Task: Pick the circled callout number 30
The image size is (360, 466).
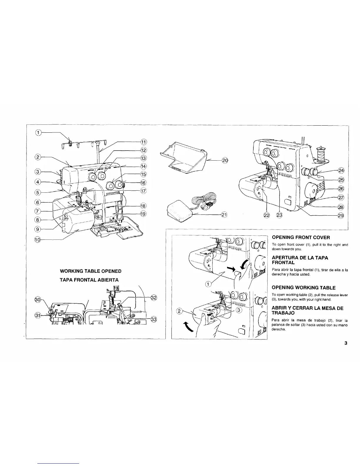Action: pyautogui.click(x=38, y=299)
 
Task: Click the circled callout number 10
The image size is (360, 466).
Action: pyautogui.click(x=37, y=240)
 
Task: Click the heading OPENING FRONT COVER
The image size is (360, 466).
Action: pyautogui.click(x=301, y=237)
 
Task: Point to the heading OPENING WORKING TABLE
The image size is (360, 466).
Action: pyautogui.click(x=304, y=287)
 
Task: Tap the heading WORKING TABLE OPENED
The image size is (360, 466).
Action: pyautogui.click(x=90, y=271)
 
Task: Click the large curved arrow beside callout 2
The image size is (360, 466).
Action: pyautogui.click(x=187, y=326)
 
